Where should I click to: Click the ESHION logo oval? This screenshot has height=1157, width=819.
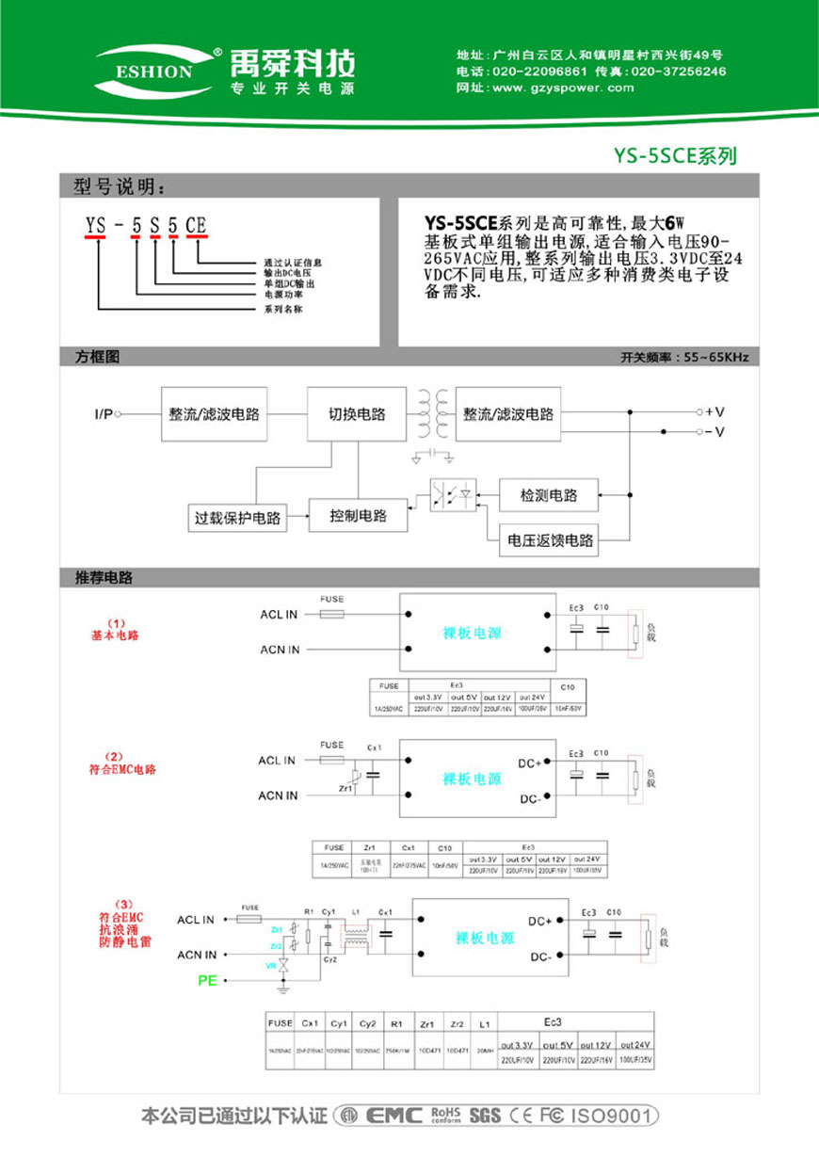tap(154, 71)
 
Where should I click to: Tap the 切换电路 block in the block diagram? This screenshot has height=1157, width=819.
tap(357, 414)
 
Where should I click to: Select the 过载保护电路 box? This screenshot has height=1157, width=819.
tap(237, 517)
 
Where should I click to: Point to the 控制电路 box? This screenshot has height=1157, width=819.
tap(359, 516)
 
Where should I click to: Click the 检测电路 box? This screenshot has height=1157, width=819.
tap(550, 495)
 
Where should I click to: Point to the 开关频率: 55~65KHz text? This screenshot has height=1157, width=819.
tap(683, 358)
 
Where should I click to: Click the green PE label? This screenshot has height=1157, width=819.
tap(207, 981)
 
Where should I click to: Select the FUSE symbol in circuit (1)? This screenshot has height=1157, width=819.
tap(331, 614)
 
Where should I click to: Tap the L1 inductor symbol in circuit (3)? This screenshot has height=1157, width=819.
tap(356, 936)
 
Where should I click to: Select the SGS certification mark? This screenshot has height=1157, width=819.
tap(484, 1116)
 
